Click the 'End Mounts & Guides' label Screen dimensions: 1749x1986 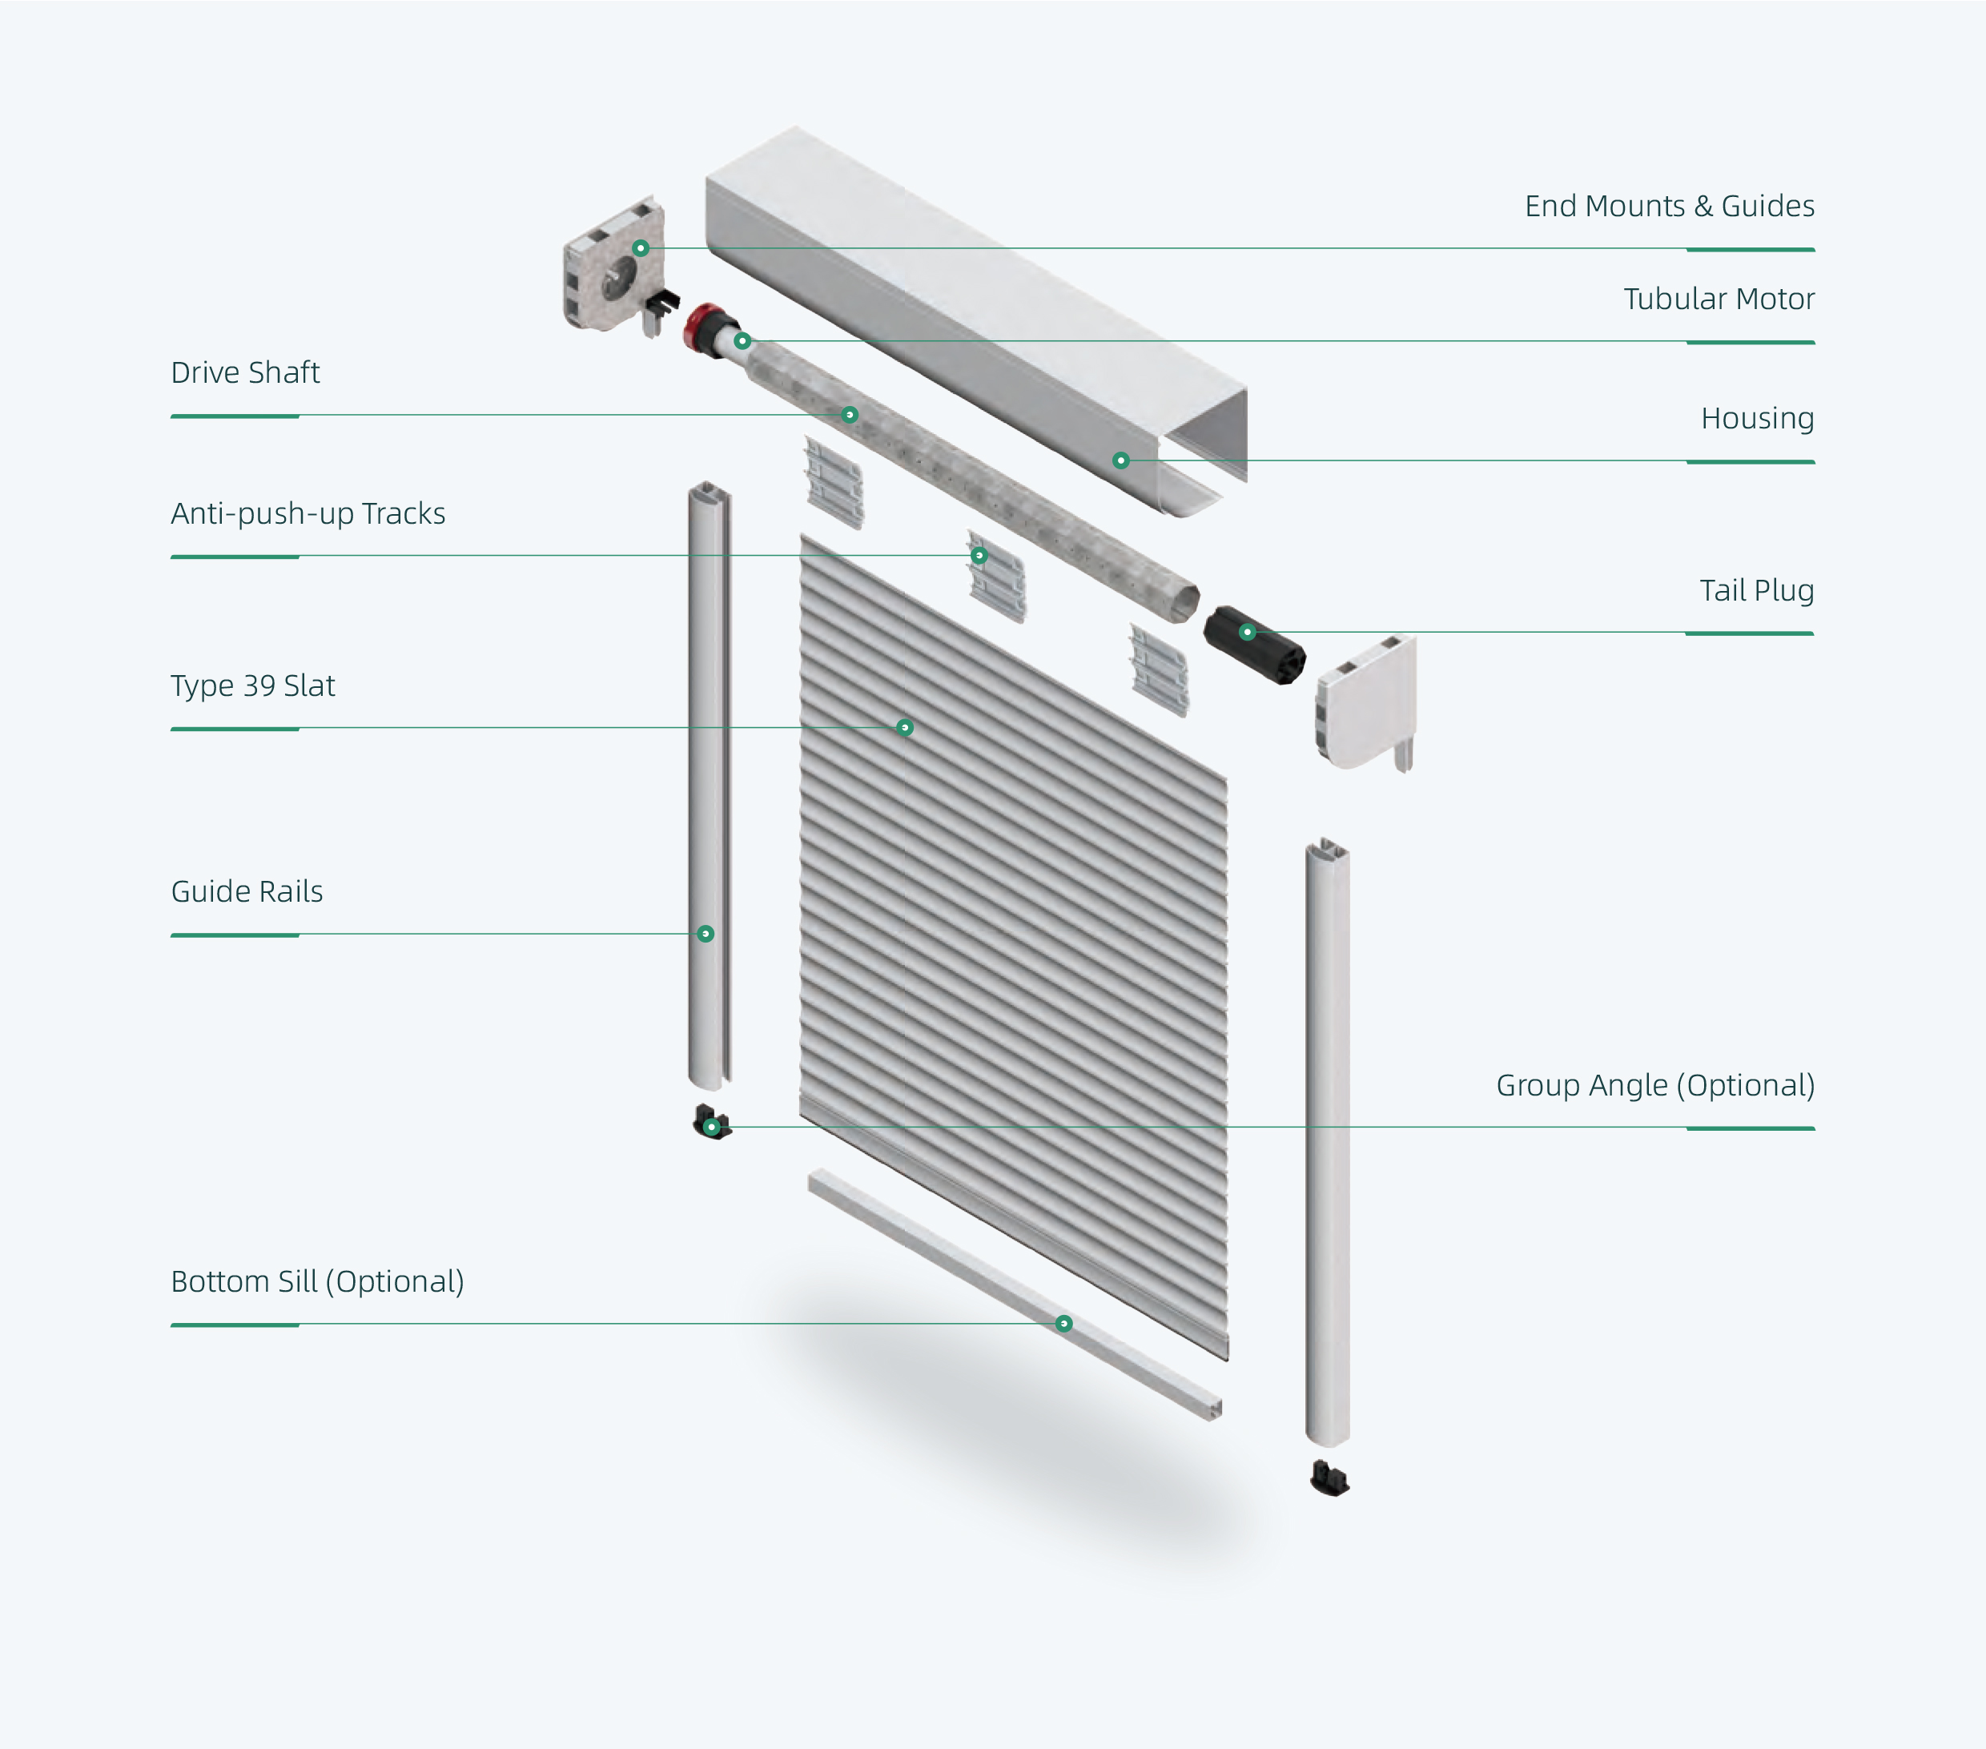coord(1668,206)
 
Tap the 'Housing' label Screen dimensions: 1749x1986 coord(1757,418)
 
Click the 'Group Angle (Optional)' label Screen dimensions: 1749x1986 coord(1654,1084)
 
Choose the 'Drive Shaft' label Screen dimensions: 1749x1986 coord(245,372)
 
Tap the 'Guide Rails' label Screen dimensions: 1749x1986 coord(247,891)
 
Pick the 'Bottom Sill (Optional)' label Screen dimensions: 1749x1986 coord(317,1281)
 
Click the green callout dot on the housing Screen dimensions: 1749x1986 coord(1120,460)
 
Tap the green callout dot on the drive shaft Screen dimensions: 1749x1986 coord(849,415)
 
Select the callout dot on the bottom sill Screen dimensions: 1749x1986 coord(1064,1324)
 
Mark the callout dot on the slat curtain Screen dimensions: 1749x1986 coord(905,728)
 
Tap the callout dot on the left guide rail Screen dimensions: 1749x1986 coord(706,934)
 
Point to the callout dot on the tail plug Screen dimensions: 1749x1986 coord(1247,633)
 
